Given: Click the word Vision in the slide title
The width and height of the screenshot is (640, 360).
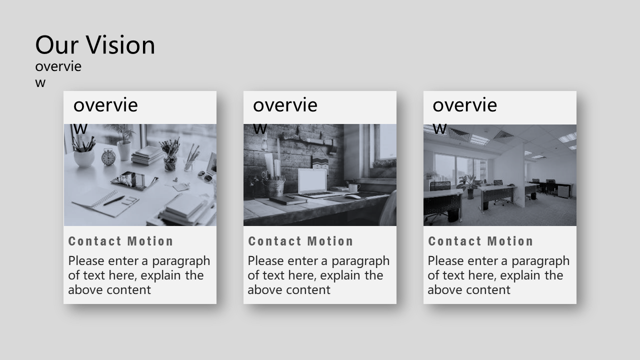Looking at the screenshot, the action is tap(120, 45).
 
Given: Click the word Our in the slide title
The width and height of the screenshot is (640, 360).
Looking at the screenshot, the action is tap(57, 45).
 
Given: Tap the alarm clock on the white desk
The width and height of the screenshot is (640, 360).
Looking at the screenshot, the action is tap(109, 157).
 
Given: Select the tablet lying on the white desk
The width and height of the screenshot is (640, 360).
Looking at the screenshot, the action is tap(134, 180).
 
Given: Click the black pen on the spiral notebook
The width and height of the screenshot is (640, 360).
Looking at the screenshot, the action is tap(114, 200).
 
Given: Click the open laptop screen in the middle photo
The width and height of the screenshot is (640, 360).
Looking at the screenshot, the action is tap(312, 181).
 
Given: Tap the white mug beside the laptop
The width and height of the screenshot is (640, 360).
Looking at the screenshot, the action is tap(353, 187).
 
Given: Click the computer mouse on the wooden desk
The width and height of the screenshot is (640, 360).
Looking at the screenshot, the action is tap(353, 197).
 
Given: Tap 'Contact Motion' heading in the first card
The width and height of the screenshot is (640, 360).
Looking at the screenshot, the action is tap(121, 241).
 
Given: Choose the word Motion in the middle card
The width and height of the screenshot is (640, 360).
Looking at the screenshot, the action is tap(330, 241).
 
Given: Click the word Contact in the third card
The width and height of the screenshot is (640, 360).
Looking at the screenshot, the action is tap(454, 241).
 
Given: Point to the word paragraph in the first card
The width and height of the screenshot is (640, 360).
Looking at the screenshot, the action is tap(181, 261).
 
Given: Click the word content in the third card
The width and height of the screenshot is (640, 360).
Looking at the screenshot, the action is tap(489, 290).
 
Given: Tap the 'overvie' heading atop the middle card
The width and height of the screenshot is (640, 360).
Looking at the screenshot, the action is tap(285, 105).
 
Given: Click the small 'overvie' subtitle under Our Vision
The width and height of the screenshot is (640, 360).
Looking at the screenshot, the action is tap(58, 66).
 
